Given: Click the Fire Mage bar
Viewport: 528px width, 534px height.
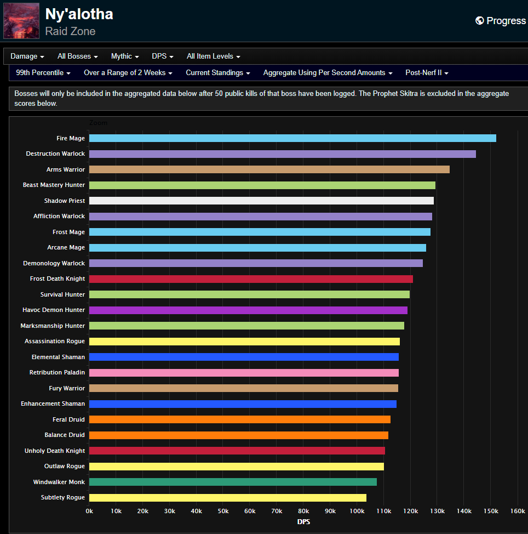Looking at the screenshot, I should coord(292,138).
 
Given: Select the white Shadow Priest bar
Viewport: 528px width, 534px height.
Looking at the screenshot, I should coord(261,201).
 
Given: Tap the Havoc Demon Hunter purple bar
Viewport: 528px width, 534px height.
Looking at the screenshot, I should coord(248,310).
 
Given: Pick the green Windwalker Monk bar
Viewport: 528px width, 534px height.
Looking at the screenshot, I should coord(233,482).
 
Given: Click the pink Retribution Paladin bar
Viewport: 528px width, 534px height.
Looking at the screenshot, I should coord(244,373).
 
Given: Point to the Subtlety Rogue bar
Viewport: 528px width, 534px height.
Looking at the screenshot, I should coord(227,498).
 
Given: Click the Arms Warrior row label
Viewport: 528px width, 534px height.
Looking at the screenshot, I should coord(65,169).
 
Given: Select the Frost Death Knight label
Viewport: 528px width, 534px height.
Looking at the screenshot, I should coord(58,279).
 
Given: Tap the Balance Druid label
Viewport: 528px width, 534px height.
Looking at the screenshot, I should coord(65,435).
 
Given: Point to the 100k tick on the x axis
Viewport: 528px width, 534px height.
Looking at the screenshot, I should coord(357,511).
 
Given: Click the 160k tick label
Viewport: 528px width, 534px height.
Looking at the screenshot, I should coord(518,511).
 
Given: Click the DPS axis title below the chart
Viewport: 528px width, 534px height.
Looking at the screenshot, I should coord(303,522).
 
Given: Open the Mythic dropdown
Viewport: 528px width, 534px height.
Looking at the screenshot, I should coord(125,56).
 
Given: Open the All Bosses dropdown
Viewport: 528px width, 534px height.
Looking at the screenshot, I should coord(78,56).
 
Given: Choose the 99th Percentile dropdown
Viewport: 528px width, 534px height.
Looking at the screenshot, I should coord(43,73).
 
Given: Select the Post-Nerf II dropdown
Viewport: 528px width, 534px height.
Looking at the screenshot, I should coord(427,73).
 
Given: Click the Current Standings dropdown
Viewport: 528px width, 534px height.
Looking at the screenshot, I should coord(218,73).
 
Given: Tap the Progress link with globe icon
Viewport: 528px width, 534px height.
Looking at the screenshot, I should coord(500,21).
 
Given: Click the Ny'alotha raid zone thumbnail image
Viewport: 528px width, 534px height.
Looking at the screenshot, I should coord(21,21).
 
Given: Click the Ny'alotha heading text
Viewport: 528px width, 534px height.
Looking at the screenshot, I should coord(79,14).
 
